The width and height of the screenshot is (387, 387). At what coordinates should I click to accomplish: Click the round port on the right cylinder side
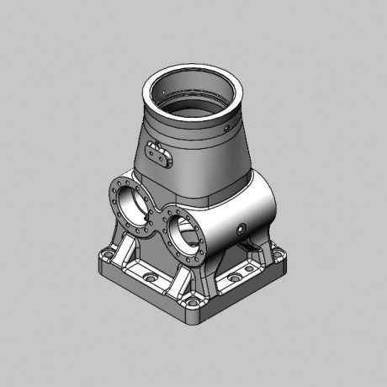(241, 228)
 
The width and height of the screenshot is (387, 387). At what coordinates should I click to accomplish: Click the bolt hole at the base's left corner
(107, 252)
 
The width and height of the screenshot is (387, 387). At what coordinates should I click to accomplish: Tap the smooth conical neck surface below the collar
(202, 164)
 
